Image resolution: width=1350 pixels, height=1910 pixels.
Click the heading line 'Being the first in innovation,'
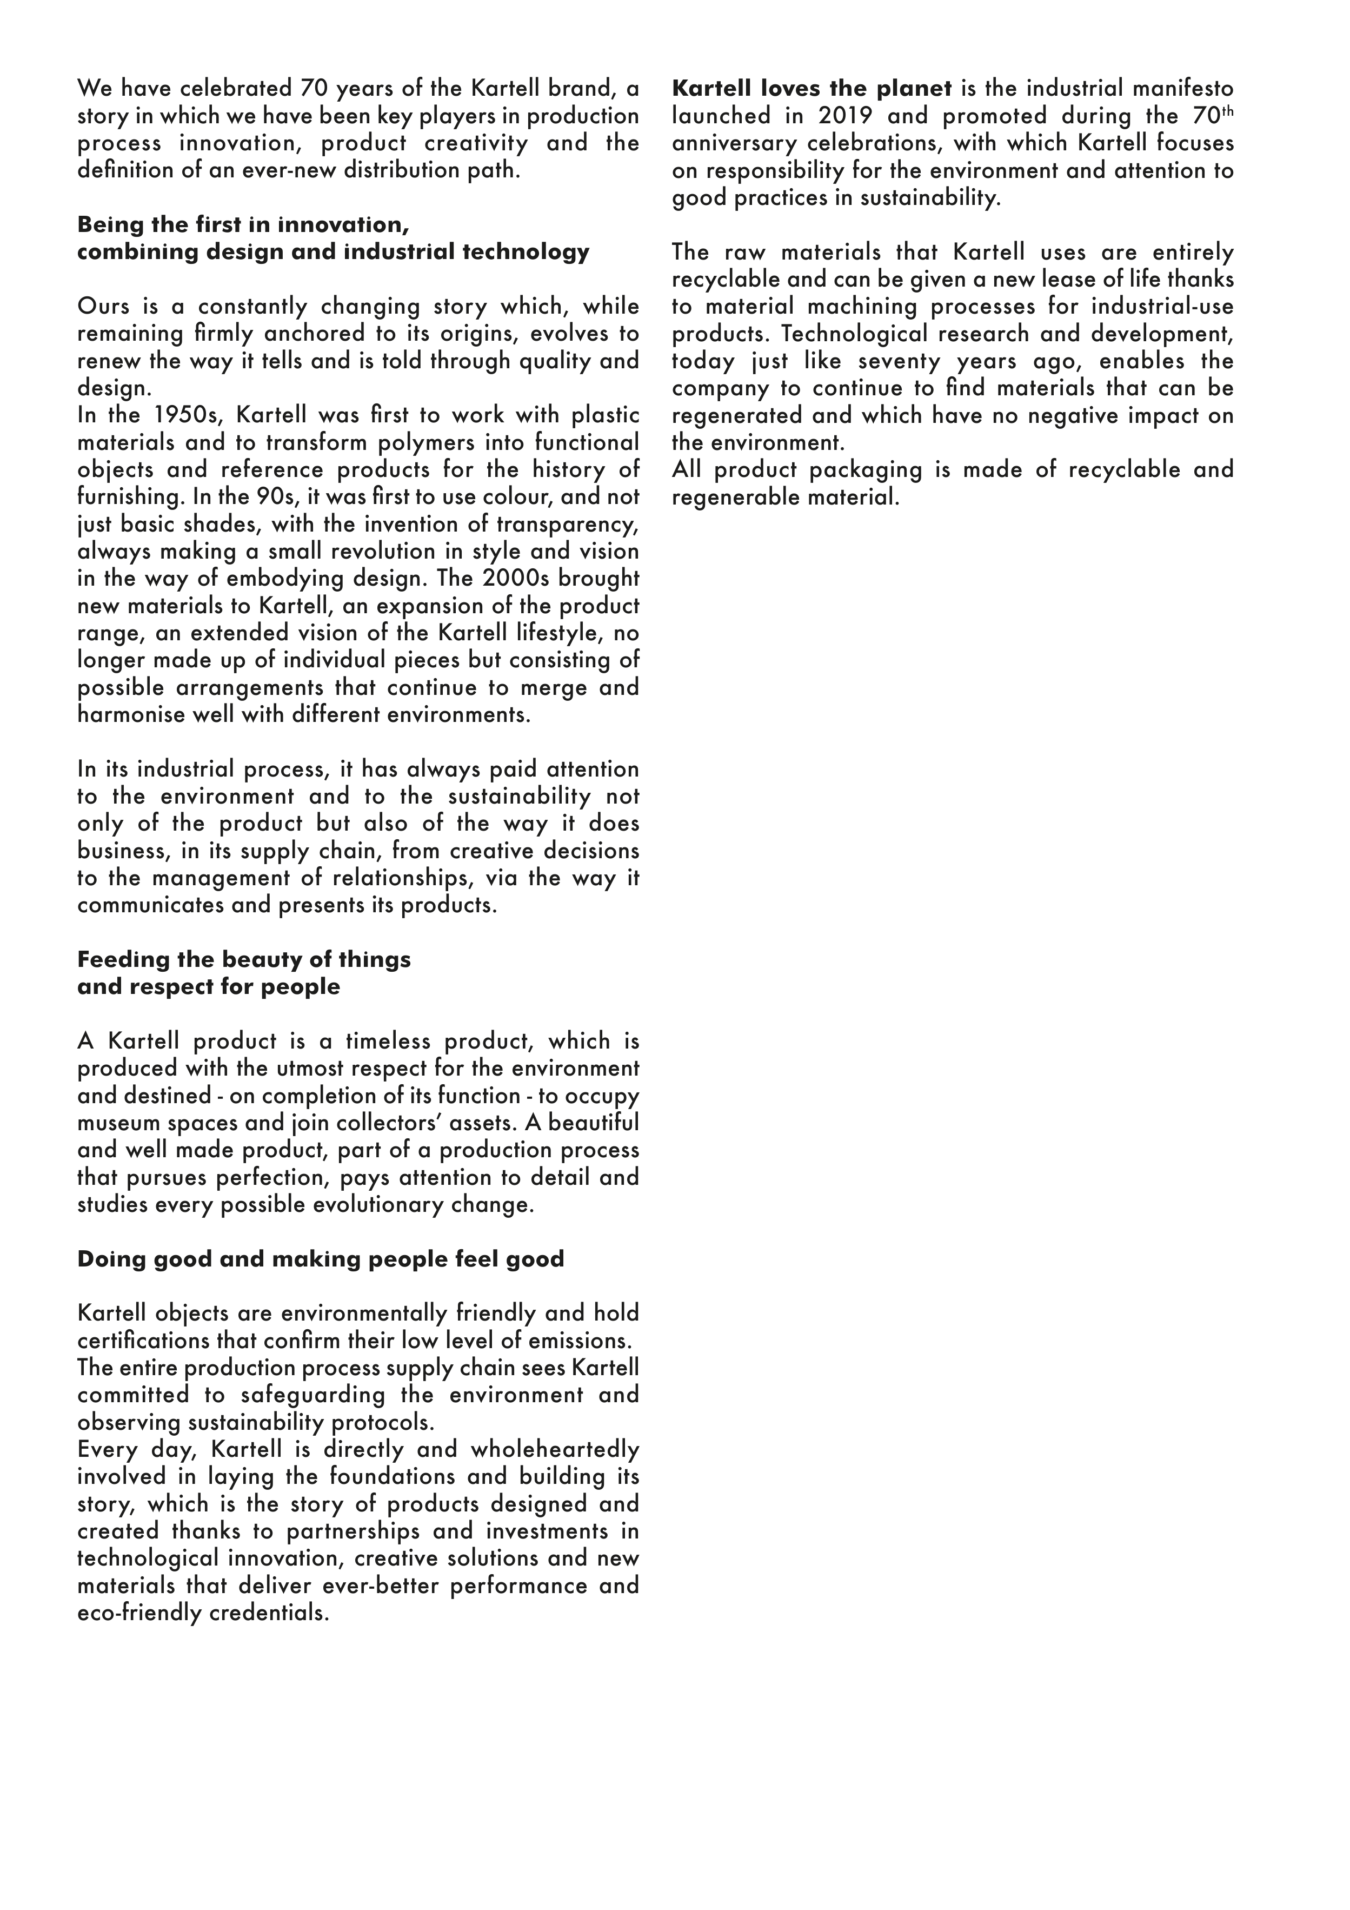click(x=243, y=224)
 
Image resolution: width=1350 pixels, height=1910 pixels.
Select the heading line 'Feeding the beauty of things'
click(x=244, y=959)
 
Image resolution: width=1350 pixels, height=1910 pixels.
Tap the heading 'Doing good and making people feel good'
click(x=320, y=1258)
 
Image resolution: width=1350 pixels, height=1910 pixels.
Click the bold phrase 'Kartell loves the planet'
click(x=812, y=88)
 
